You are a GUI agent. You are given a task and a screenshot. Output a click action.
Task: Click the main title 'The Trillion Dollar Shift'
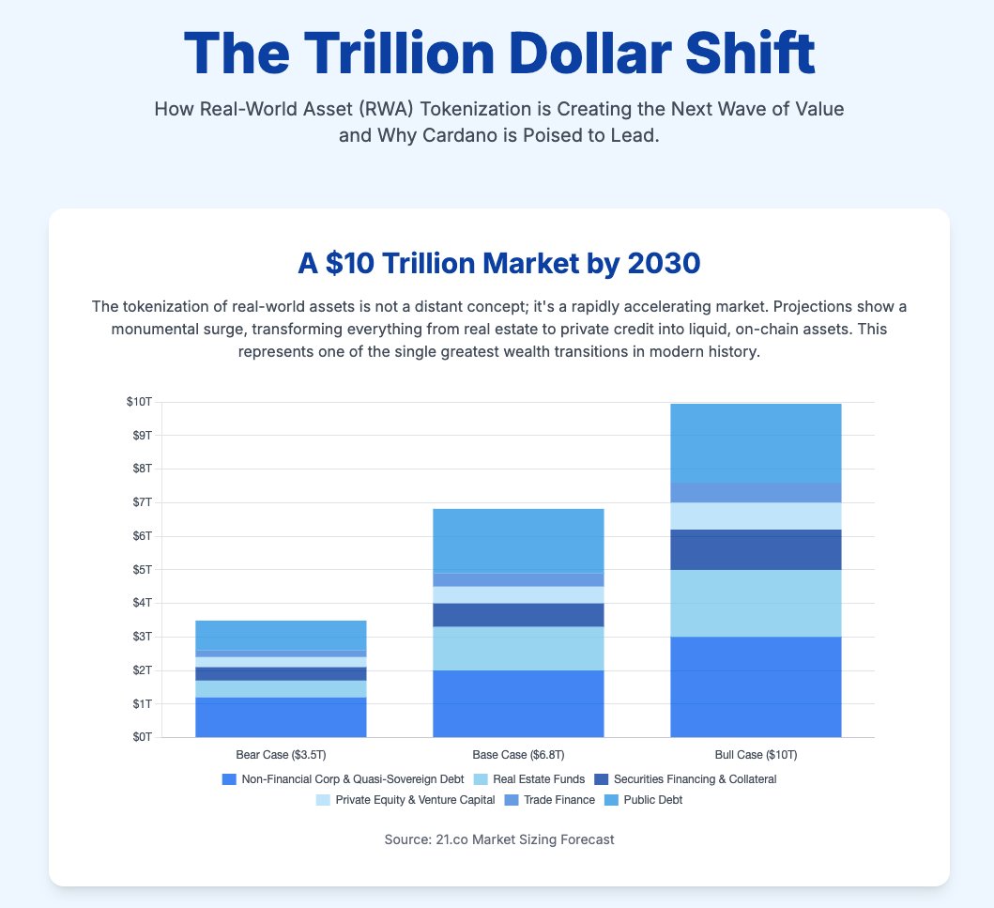click(x=498, y=54)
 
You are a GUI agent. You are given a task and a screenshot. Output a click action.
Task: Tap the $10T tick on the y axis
click(x=139, y=402)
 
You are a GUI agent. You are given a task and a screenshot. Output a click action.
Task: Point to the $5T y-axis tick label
click(x=141, y=570)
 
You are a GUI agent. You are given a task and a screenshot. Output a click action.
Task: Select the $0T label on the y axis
click(x=141, y=737)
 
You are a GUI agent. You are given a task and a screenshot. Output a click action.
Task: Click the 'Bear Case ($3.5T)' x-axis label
click(x=281, y=755)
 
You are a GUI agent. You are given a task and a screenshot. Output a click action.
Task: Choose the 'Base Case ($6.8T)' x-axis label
click(x=518, y=755)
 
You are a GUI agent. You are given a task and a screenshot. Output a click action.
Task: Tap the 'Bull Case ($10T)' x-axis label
click(x=756, y=755)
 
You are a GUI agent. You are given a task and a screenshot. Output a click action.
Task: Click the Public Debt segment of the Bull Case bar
click(x=756, y=442)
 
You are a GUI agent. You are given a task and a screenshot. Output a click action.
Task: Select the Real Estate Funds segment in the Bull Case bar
click(x=756, y=603)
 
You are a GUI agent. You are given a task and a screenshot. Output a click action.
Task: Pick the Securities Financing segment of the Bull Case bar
click(x=756, y=549)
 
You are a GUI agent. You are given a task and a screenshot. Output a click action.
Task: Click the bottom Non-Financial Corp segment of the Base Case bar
click(x=518, y=703)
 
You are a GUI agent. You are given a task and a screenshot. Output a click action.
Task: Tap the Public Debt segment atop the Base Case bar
click(x=518, y=541)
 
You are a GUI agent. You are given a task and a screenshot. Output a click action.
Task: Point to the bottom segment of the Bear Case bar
click(x=281, y=717)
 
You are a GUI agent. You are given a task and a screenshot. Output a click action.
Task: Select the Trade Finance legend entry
click(x=560, y=801)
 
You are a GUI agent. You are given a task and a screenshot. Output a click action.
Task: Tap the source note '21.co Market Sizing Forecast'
click(x=498, y=839)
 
